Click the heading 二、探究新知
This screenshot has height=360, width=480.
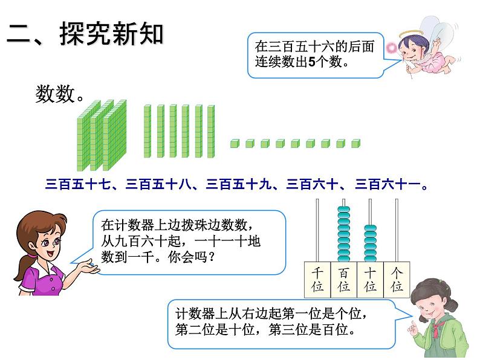[85, 34]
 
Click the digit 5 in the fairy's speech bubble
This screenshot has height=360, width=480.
[311, 62]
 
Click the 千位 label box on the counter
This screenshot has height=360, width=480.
[317, 280]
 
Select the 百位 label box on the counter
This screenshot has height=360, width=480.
[344, 280]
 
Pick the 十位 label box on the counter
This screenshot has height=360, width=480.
[371, 280]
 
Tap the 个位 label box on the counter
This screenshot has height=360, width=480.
[397, 280]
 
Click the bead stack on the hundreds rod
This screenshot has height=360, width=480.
[344, 233]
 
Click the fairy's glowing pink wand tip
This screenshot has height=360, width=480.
[391, 48]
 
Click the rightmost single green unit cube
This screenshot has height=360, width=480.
[356, 144]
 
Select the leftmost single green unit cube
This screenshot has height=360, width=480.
[235, 144]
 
